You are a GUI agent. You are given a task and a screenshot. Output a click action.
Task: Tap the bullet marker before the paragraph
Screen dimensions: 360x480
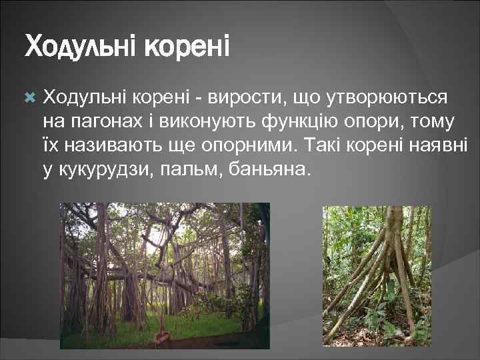29,98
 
